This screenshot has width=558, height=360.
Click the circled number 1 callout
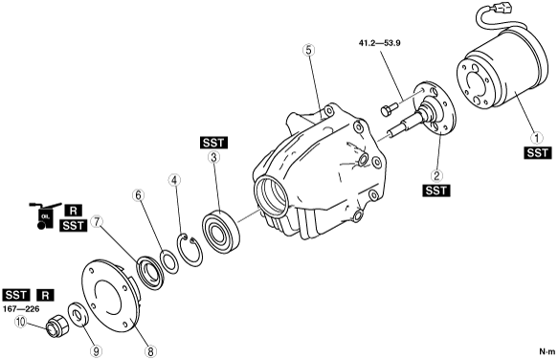(x=537, y=138)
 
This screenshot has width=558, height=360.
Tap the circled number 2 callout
(x=436, y=175)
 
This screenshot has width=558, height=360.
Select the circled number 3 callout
(x=213, y=157)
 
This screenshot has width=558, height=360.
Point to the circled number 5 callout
(x=309, y=50)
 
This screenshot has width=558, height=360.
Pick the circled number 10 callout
(x=21, y=323)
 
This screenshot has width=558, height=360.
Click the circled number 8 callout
(x=150, y=351)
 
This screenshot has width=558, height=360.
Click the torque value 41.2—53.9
(x=379, y=43)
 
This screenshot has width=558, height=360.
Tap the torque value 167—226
(x=21, y=308)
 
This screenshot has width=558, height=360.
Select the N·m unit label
(x=547, y=351)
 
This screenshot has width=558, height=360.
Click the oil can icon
(x=43, y=216)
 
